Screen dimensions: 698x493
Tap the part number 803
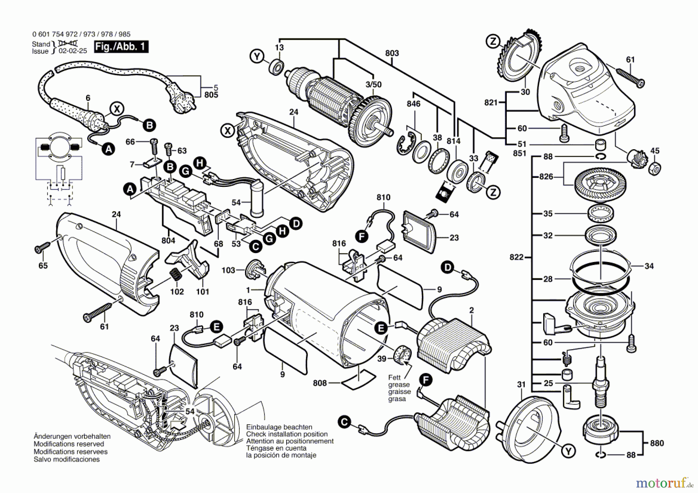click(x=392, y=53)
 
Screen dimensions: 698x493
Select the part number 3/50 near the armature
click(x=373, y=84)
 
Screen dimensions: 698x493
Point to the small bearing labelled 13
click(x=276, y=67)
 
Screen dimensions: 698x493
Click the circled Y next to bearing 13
click(x=257, y=57)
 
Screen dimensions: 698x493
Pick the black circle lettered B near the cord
click(x=149, y=125)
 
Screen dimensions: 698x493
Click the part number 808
click(x=320, y=383)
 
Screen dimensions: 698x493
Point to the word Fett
click(x=395, y=378)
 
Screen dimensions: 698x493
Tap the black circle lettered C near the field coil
click(x=344, y=421)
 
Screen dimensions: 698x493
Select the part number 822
click(x=517, y=257)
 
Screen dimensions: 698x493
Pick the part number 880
click(x=657, y=443)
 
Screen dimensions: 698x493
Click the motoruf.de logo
click(x=665, y=483)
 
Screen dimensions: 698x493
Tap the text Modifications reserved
click(x=69, y=444)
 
